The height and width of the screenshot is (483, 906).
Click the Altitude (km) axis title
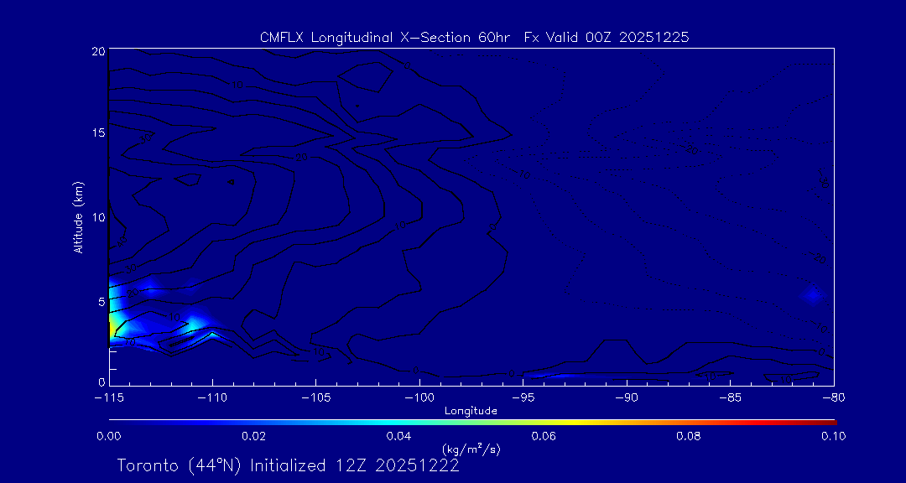(78, 216)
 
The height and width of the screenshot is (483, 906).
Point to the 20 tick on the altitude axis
(97, 51)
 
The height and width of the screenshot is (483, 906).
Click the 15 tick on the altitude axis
(97, 133)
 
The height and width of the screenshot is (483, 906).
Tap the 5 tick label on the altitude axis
(100, 300)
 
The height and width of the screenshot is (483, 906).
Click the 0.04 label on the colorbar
(398, 435)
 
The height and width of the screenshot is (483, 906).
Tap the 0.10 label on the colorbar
(833, 435)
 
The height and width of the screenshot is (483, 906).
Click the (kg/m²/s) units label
(472, 449)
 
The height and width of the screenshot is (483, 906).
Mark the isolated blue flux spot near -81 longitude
(812, 293)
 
